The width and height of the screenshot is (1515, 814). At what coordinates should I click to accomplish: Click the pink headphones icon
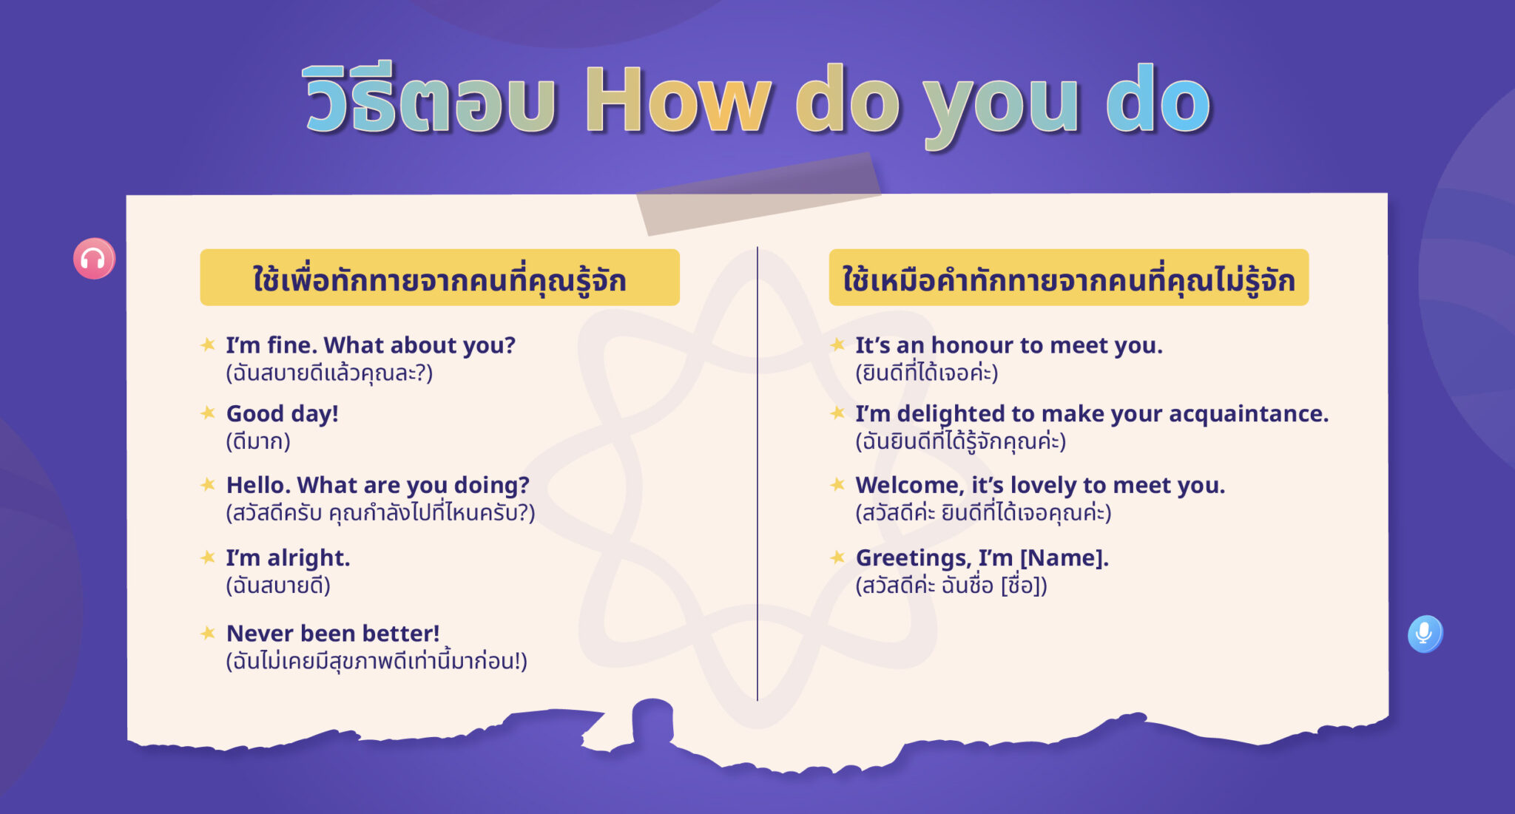(x=94, y=259)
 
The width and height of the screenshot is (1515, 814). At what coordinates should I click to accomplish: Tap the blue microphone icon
(x=1424, y=634)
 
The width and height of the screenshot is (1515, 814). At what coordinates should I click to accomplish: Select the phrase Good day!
(x=282, y=413)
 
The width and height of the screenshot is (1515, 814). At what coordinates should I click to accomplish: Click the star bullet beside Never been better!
(x=208, y=633)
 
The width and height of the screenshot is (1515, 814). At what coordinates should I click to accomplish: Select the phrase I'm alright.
(x=288, y=557)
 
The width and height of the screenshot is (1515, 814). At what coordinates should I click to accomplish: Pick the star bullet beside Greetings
(x=837, y=557)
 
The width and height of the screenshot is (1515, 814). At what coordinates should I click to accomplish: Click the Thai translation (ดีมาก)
(x=258, y=441)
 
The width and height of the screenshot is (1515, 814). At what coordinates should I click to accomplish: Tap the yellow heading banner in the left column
(x=439, y=278)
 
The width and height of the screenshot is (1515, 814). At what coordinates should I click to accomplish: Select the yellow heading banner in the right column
(x=1068, y=278)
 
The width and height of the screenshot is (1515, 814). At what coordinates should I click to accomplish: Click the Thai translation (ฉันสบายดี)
(x=278, y=586)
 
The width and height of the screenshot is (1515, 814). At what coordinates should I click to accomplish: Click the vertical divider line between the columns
(x=757, y=473)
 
